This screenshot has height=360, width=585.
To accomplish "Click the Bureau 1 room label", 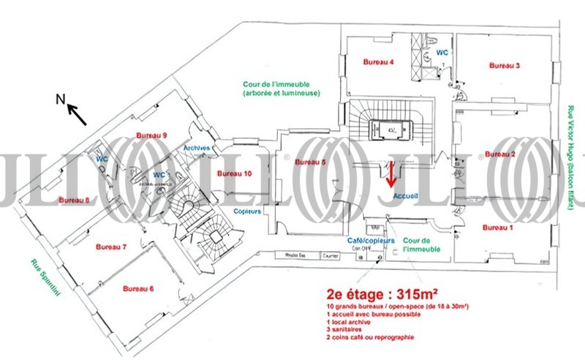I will point(497,228).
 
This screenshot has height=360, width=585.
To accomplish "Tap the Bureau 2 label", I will point(500,154).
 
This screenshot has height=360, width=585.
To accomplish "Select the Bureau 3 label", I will point(504,66).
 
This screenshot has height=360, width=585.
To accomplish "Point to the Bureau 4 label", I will point(380,62).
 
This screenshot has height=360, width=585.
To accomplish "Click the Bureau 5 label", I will point(310,162).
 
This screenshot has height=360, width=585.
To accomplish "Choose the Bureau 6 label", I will point(138,288).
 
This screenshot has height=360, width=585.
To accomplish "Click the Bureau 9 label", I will point(152,135).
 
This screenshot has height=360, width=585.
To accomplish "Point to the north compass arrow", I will point(77,115).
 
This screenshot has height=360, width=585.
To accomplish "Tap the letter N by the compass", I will point(61,100).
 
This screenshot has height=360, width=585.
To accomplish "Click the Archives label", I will point(197,148).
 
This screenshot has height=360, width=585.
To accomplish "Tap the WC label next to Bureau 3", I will point(442,53).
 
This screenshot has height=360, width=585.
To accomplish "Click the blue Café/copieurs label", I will point(371,241).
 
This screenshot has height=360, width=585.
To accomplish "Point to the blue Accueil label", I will point(405,196).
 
